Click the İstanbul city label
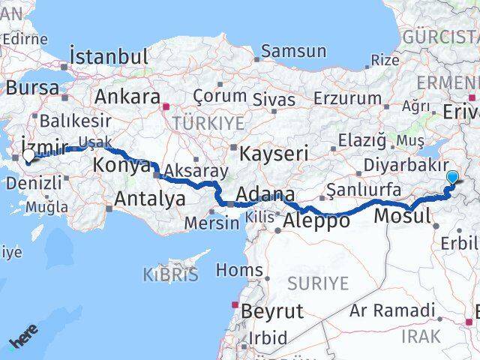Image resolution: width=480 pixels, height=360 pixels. [109, 57]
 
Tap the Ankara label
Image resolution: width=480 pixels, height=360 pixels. [127, 97]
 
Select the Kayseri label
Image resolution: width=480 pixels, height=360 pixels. [274, 154]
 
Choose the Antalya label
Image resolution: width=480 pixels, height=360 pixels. [150, 199]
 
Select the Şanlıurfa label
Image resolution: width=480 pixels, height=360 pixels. [364, 190]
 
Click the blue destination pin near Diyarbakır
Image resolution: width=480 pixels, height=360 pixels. [453, 177]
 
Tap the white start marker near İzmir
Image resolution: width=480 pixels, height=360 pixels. [28, 156]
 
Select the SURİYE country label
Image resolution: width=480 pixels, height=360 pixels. [319, 283]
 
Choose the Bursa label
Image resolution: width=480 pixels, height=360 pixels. [33, 88]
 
